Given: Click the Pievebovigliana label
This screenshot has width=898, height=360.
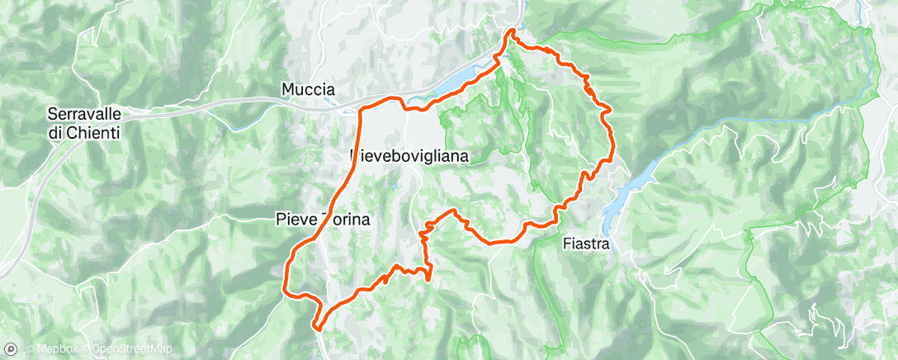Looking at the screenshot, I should click(x=409, y=155).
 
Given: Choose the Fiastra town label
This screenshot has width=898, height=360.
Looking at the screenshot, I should click(x=585, y=244).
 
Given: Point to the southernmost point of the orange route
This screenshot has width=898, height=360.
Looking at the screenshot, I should click(x=317, y=327).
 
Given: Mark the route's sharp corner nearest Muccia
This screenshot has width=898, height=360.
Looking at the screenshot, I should click(x=362, y=109).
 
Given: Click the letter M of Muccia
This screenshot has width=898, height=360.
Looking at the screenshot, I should click(x=287, y=88).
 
